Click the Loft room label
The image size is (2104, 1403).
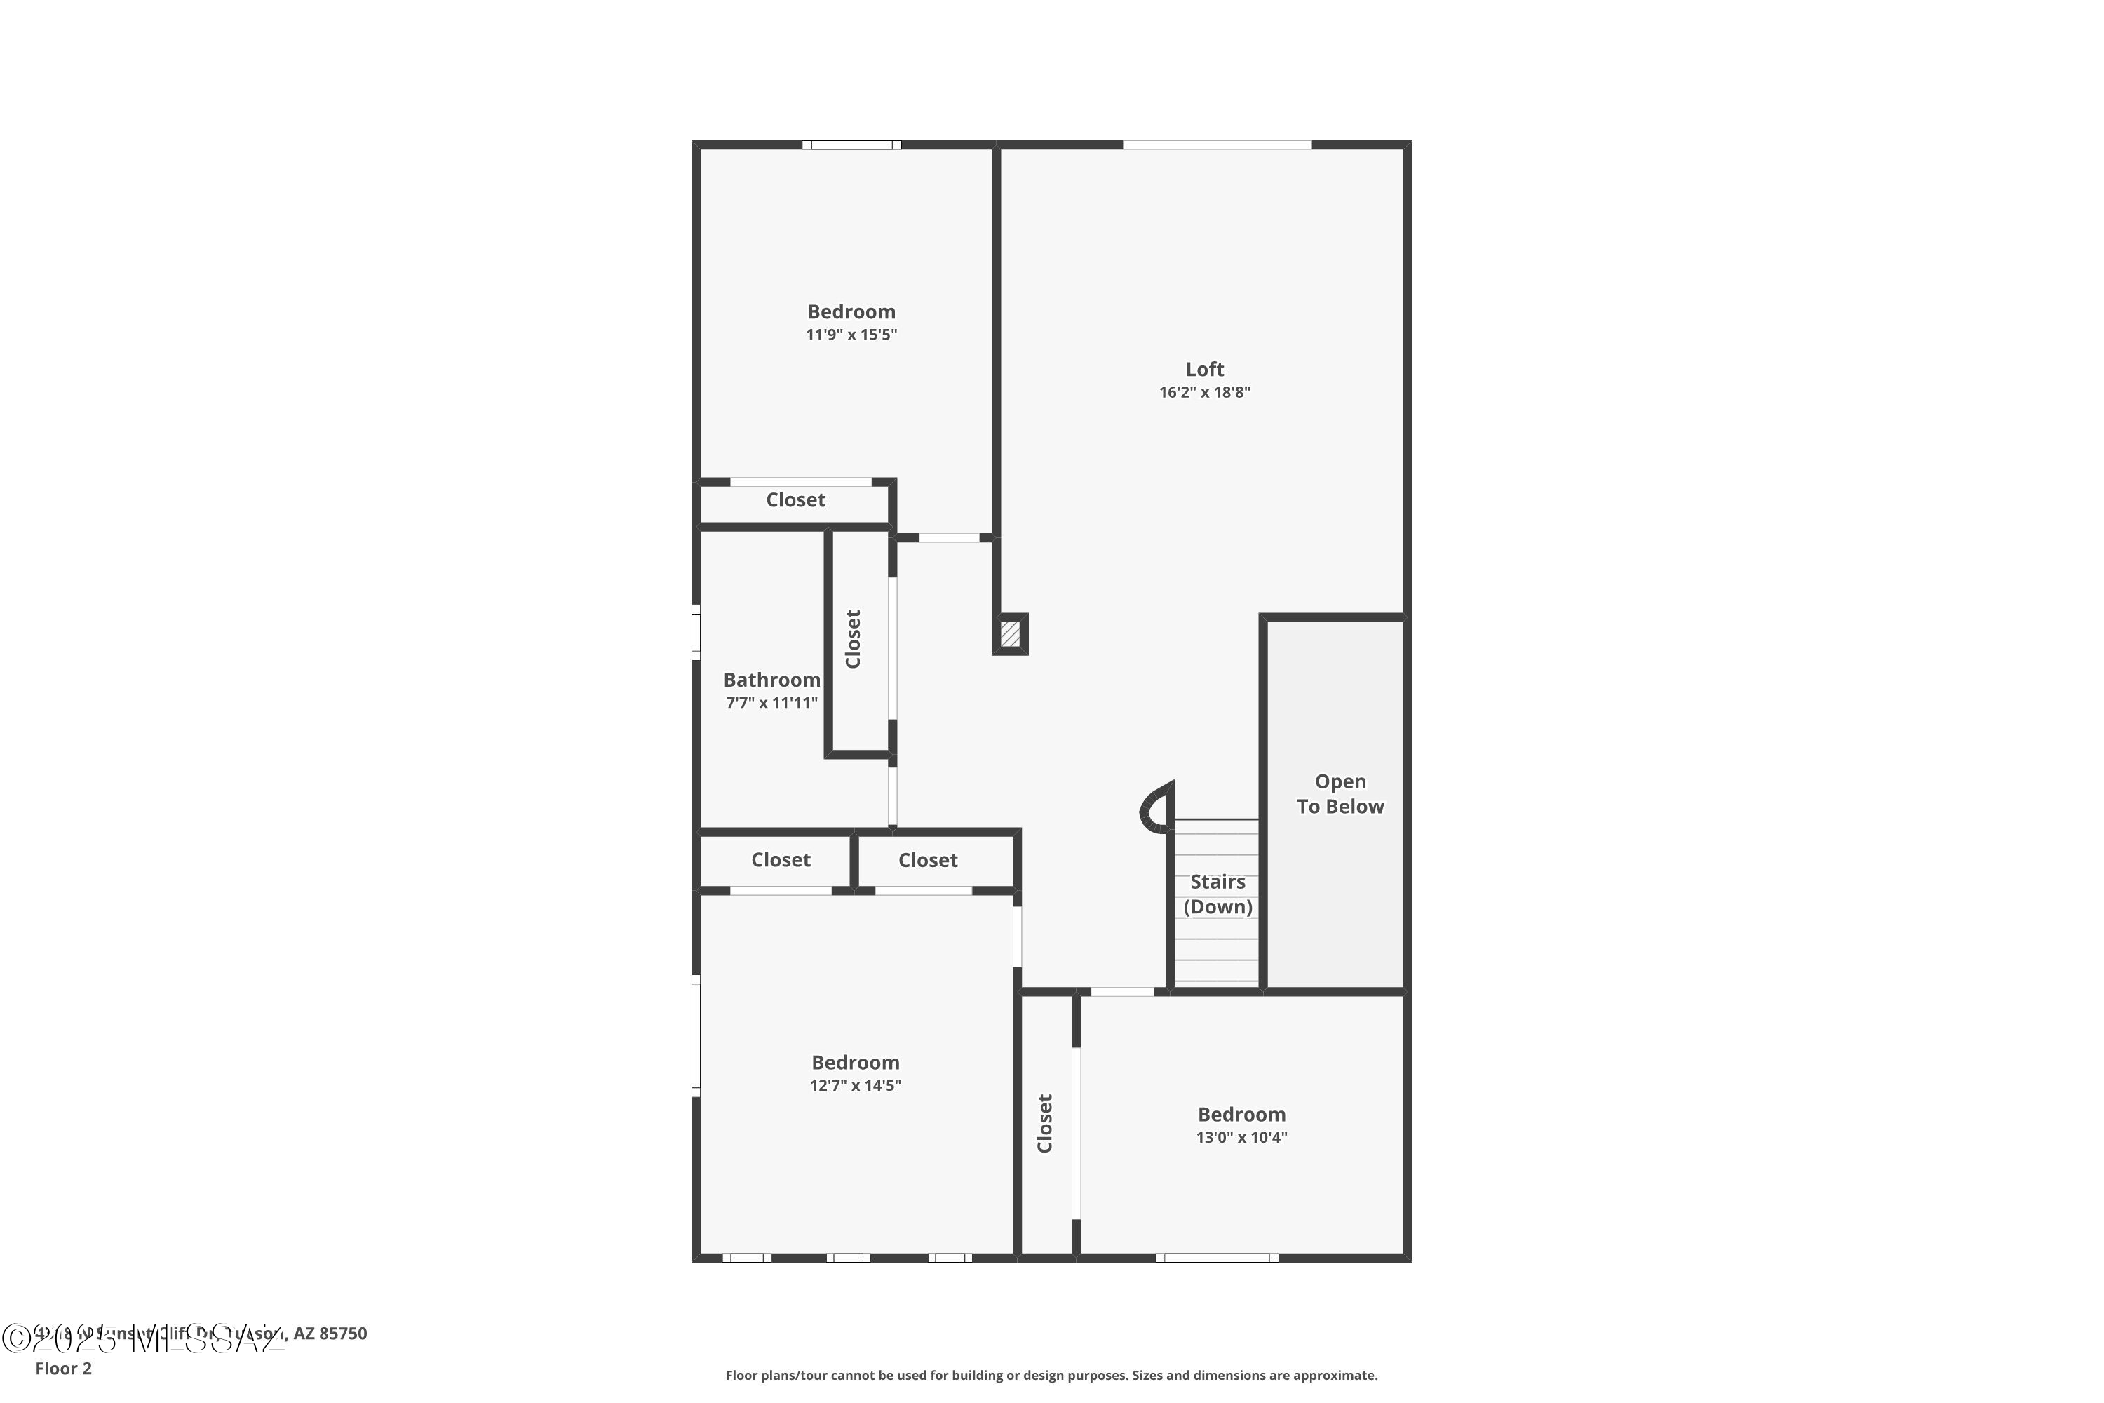(1204, 369)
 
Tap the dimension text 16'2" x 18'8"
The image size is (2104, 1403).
(1204, 392)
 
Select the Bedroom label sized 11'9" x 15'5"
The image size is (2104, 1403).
(851, 311)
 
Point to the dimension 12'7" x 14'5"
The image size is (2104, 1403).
(855, 1085)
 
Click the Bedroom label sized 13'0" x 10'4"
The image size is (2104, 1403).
(1241, 1114)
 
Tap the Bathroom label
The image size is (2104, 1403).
(771, 680)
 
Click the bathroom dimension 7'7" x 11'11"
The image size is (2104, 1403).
(771, 702)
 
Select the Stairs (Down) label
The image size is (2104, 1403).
(1218, 894)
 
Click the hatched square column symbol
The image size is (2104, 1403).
(1010, 633)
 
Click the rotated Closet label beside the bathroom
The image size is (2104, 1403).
(854, 639)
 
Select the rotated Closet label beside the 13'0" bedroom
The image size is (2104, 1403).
(1045, 1123)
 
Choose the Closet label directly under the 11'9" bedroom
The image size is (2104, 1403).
(795, 500)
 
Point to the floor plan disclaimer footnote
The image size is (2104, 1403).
(1051, 1375)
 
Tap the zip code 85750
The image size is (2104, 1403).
(343, 1334)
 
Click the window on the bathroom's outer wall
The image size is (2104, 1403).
(696, 633)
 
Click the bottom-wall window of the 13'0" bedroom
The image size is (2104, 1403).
(1217, 1258)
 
